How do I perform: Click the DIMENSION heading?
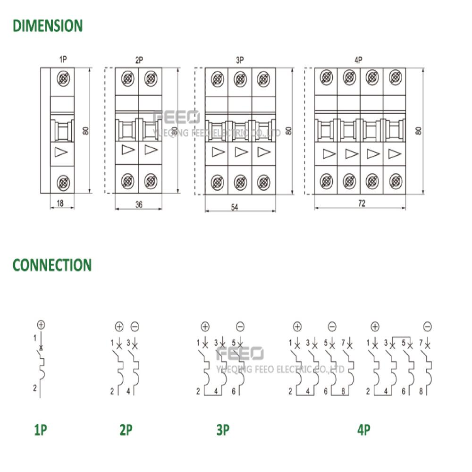pos(48,25)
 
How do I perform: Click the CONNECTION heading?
pos(52,265)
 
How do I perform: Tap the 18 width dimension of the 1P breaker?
pos(60,203)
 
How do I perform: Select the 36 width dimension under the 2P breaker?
pos(139,204)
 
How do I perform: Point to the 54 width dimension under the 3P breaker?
pos(235,207)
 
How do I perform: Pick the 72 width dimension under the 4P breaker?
pos(362,203)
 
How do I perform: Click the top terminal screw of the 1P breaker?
pos(63,79)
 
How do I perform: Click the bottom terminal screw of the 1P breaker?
pos(63,182)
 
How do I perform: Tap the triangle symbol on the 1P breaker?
pos(61,152)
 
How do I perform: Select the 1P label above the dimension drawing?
pos(63,59)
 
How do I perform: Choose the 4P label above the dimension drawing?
pos(358,60)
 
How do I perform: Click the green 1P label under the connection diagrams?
pos(41,430)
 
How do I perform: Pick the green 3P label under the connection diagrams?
pos(223,430)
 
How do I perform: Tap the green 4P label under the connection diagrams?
pos(364,430)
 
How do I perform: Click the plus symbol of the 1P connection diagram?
pos(41,325)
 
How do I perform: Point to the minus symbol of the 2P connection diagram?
pos(135,327)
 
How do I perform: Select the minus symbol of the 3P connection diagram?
pos(240,327)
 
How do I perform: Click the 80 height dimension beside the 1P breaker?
pos(86,131)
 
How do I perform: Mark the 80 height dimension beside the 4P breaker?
pos(418,131)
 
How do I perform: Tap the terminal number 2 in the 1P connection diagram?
pos(35,388)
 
